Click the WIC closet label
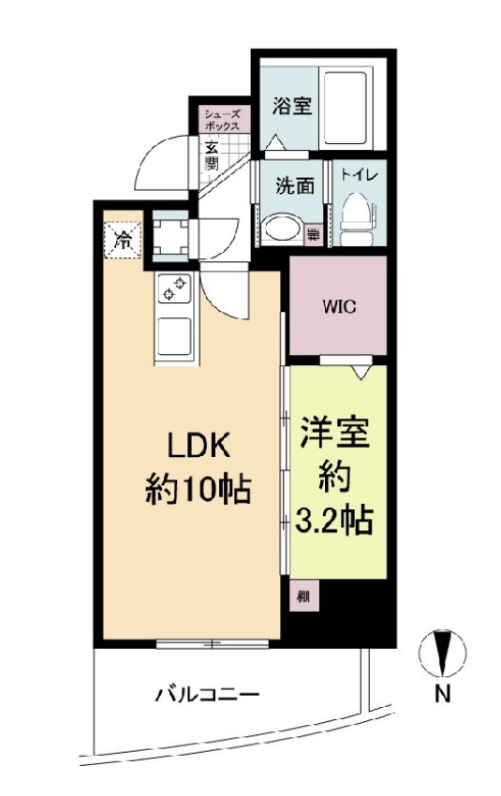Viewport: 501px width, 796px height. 337,306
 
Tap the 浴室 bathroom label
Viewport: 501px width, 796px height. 291,105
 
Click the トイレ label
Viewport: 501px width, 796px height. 359,174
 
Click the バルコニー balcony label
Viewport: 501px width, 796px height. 207,695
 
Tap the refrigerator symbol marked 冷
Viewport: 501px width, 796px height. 123,239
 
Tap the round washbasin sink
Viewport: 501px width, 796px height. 278,226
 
